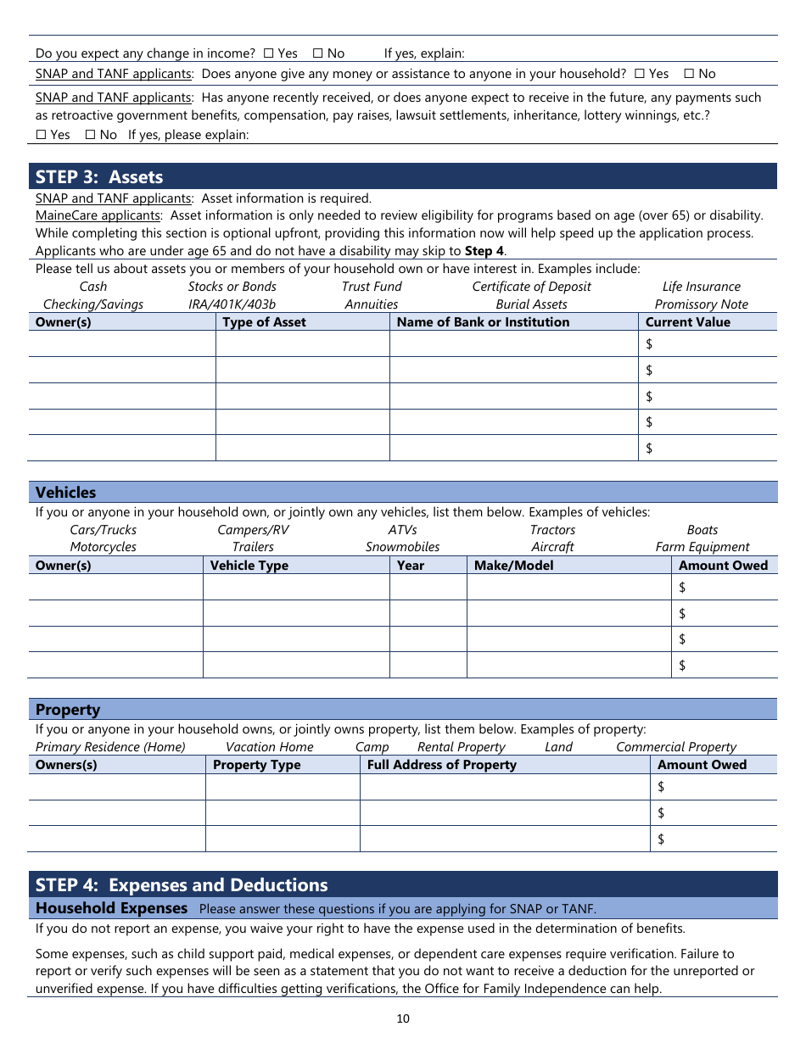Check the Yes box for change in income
click(268, 53)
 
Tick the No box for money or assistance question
click(688, 74)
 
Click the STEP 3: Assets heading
click(99, 176)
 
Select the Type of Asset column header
click(264, 322)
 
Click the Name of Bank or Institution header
click(483, 322)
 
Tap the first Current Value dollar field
click(708, 343)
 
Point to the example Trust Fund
click(372, 287)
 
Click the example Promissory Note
click(701, 304)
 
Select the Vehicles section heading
click(66, 493)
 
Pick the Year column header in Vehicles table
click(411, 566)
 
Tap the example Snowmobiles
click(402, 547)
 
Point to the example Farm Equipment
click(702, 547)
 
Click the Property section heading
click(68, 710)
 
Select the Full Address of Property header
click(441, 765)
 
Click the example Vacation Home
click(269, 747)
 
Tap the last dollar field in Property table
click(714, 839)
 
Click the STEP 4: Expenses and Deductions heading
click(182, 885)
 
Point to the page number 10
click(403, 1018)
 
